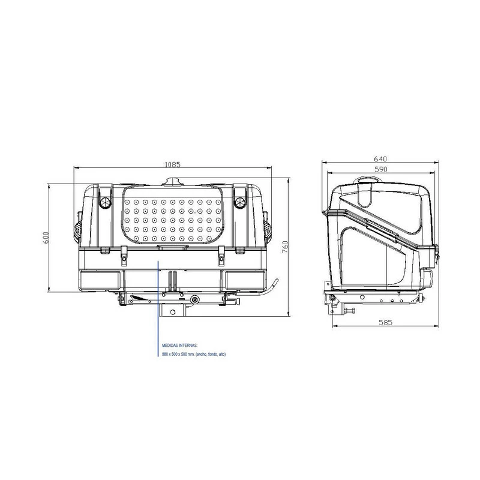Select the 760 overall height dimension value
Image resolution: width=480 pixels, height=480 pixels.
tap(286, 247)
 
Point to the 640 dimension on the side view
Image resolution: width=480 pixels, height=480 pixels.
tap(380, 158)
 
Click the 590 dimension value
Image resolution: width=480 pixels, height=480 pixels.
tap(380, 170)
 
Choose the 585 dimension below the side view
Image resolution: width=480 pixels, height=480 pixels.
tap(386, 323)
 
